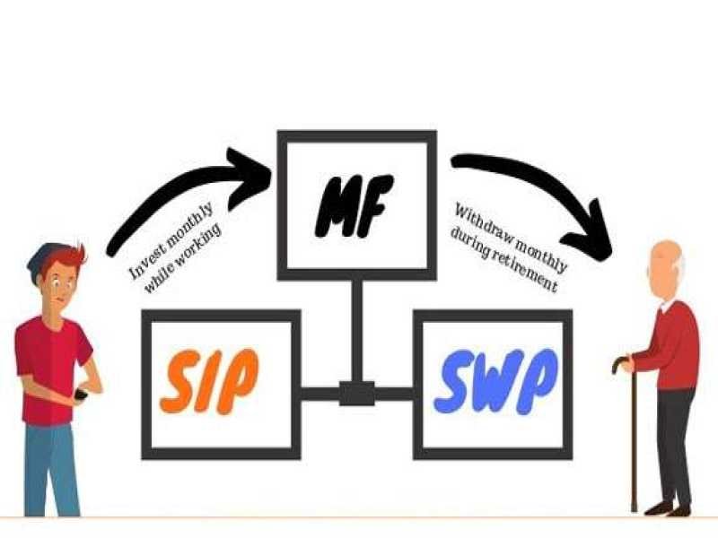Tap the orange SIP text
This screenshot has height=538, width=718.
208,381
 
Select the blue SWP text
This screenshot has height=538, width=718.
495,381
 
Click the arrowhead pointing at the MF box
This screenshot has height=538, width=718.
256,171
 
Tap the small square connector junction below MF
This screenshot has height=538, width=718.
356,393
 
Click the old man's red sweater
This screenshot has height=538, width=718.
675,345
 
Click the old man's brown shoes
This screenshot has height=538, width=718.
669,508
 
